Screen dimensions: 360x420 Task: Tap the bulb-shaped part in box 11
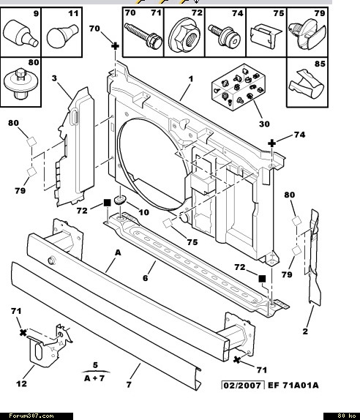coord(62,36)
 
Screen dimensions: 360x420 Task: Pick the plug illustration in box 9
coord(20,34)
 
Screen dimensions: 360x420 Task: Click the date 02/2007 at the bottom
coord(242,386)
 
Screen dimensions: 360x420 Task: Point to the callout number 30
coord(264,124)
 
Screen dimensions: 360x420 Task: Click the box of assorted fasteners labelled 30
coord(239,87)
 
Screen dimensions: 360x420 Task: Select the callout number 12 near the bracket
coord(22,383)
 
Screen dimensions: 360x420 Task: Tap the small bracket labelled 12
coord(50,345)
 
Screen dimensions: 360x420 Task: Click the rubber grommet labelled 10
coord(119,199)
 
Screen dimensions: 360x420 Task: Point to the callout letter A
coord(118,252)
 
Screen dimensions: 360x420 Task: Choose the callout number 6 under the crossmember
coord(145,278)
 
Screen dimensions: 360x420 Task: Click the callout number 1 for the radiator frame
coord(191,79)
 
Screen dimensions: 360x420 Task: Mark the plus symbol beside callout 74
coord(272,143)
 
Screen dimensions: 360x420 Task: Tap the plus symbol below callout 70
coord(115,46)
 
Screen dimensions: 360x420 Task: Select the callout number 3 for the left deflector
coord(54,78)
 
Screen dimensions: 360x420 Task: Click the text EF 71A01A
coord(293,386)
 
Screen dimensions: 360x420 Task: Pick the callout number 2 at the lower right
coord(305,331)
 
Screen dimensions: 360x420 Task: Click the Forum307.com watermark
coord(31,416)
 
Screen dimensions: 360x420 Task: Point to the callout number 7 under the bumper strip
coord(129,385)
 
